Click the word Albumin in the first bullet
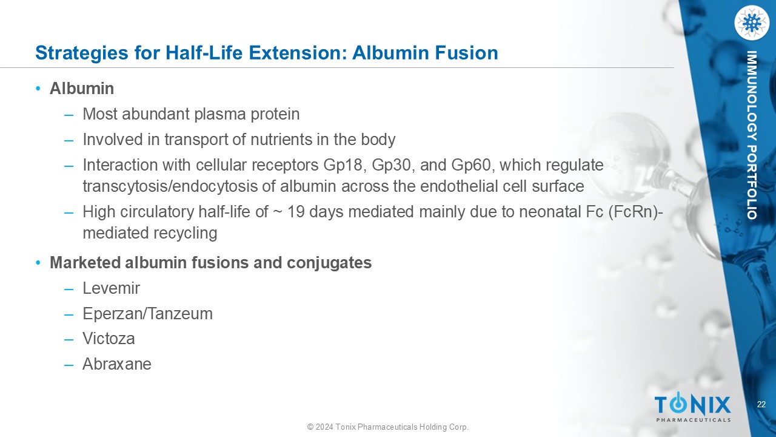82,89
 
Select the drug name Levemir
111,288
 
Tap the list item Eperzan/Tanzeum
147,314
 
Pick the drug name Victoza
109,339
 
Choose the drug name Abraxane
117,364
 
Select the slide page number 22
761,404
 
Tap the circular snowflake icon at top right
751,23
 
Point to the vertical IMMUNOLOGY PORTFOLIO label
751,135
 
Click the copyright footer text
388,427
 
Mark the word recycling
185,233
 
